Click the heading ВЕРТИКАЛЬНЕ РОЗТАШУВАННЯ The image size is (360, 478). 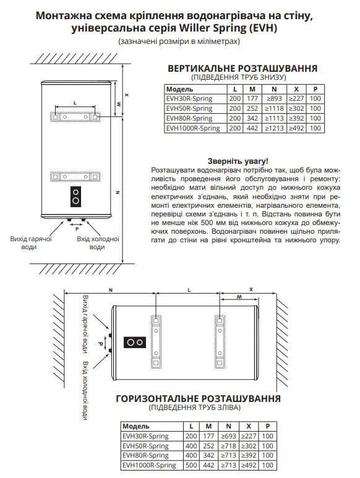coord(242,68)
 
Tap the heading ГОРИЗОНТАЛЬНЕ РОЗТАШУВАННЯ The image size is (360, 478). coord(198,399)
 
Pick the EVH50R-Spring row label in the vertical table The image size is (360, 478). coord(189,108)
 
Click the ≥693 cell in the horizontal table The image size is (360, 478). coord(229,436)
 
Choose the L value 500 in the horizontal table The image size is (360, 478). coord(191,465)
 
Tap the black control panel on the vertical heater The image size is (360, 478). coord(75,196)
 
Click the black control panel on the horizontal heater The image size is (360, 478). coord(135,341)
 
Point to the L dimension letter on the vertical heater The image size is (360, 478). coord(74,101)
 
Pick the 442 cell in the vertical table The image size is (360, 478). coord(252,128)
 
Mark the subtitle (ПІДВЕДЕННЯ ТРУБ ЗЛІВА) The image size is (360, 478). coord(198,409)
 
